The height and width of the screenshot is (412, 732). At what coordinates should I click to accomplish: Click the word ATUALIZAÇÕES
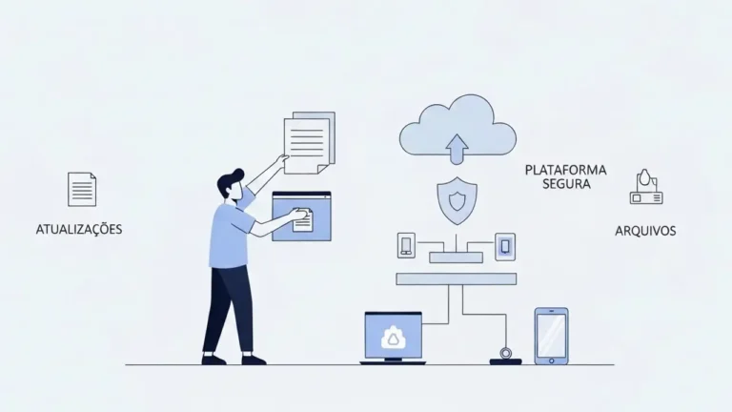[79, 229]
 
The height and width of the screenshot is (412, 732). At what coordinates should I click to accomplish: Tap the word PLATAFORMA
[566, 170]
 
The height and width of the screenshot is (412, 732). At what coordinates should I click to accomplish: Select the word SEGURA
[566, 184]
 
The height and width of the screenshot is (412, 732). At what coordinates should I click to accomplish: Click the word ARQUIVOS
[645, 231]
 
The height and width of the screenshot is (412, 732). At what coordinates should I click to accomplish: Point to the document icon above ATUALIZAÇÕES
[82, 189]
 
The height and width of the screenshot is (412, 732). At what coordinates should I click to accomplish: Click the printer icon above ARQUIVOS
[646, 187]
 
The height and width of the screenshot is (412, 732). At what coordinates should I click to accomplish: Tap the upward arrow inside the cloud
[457, 149]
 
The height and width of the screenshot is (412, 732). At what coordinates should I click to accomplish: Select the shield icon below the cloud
[457, 201]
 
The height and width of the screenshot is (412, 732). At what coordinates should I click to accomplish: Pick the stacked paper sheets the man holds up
[309, 142]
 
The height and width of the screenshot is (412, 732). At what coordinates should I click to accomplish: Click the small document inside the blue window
[302, 219]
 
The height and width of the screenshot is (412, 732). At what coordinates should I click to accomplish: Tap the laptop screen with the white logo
[393, 336]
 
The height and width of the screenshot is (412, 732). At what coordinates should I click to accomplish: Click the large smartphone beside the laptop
[551, 336]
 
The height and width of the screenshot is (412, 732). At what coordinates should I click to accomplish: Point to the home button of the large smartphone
[551, 360]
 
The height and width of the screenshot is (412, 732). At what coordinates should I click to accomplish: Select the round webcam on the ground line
[505, 353]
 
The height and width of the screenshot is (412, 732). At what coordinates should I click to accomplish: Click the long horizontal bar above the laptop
[457, 278]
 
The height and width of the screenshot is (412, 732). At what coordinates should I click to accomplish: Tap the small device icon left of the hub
[406, 245]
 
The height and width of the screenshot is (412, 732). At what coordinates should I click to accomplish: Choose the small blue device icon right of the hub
[505, 247]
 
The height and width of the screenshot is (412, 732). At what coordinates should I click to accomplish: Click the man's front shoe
[254, 360]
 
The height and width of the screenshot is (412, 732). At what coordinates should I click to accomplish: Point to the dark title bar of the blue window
[301, 194]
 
